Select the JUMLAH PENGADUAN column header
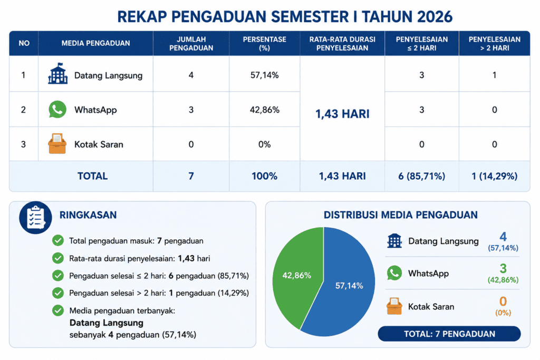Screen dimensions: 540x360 tap(191, 44)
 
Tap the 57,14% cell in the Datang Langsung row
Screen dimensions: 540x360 tap(265, 75)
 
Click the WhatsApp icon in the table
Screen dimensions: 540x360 tap(57, 110)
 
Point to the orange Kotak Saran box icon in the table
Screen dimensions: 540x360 tap(57, 143)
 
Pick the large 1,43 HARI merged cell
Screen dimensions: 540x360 tap(342, 114)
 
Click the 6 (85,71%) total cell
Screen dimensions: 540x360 tap(421, 176)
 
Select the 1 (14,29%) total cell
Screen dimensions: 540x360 tap(494, 176)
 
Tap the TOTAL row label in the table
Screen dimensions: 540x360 tap(92, 176)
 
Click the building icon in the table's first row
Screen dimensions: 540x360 tap(58, 73)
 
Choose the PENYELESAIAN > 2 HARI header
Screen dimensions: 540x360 tap(494, 44)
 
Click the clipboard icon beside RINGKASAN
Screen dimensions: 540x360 tap(35, 218)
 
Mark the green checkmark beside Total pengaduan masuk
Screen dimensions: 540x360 tap(58, 240)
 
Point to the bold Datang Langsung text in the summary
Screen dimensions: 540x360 tap(107, 323)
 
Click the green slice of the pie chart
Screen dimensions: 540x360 tap(297, 275)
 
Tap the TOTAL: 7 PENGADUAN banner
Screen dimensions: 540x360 tap(449, 334)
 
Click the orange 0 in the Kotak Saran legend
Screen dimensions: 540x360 tap(503, 301)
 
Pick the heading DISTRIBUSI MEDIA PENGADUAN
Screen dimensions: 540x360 tap(401, 215)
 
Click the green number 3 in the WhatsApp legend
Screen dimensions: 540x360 tap(503, 268)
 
